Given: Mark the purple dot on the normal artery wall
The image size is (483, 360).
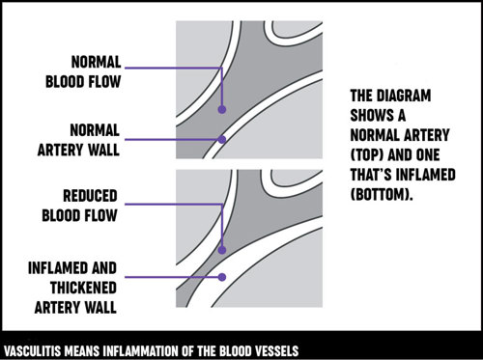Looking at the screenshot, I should click(222, 140).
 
